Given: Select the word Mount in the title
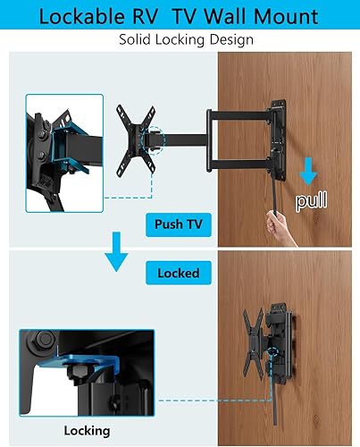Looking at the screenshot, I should (x=287, y=16).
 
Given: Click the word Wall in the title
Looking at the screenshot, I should (x=234, y=16).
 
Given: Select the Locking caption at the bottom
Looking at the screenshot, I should (x=87, y=431).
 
